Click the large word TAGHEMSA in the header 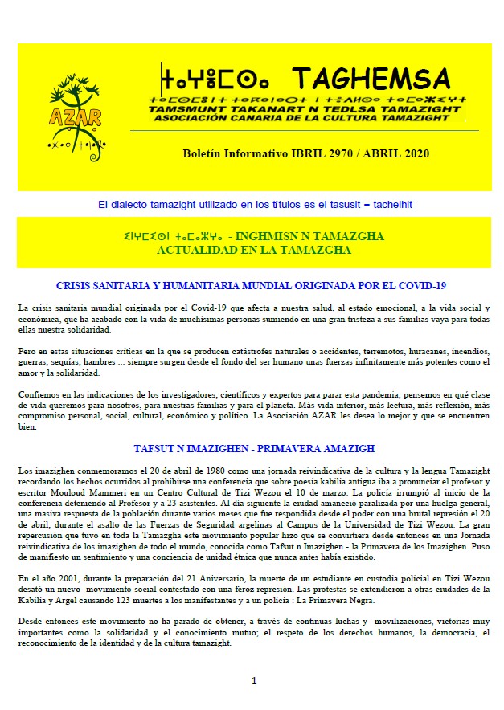tap(371, 79)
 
